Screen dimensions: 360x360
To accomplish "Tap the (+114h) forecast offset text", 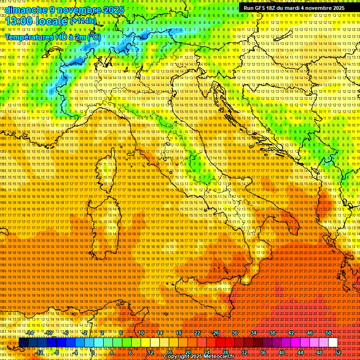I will pyautogui.click(x=83, y=21).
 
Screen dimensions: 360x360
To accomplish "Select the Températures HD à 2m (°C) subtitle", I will pyautogui.click(x=52, y=37).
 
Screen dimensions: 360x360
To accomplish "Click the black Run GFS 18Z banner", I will pyautogui.click(x=294, y=8).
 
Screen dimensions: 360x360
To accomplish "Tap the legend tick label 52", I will pyautogui.click(x=338, y=352).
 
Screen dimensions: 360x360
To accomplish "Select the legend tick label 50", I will pyautogui.click(x=329, y=333).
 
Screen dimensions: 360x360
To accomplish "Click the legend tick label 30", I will pyautogui.click(x=235, y=333).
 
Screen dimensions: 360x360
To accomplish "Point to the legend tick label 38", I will pyautogui.click(x=272, y=333).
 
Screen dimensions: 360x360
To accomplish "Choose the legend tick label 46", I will pyautogui.click(x=310, y=333).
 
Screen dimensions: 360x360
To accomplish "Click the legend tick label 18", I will pyautogui.click(x=179, y=333).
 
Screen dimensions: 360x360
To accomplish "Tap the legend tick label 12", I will pyautogui.click(x=150, y=352).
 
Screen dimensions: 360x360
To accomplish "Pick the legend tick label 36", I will pyautogui.click(x=263, y=352).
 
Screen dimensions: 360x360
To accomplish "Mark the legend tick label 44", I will pyautogui.click(x=300, y=352).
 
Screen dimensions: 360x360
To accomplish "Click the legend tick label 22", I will pyautogui.click(x=197, y=333).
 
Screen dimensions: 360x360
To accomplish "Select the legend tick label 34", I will pyautogui.click(x=254, y=333).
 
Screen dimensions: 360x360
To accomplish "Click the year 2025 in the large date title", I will pyautogui.click(x=112, y=10).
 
